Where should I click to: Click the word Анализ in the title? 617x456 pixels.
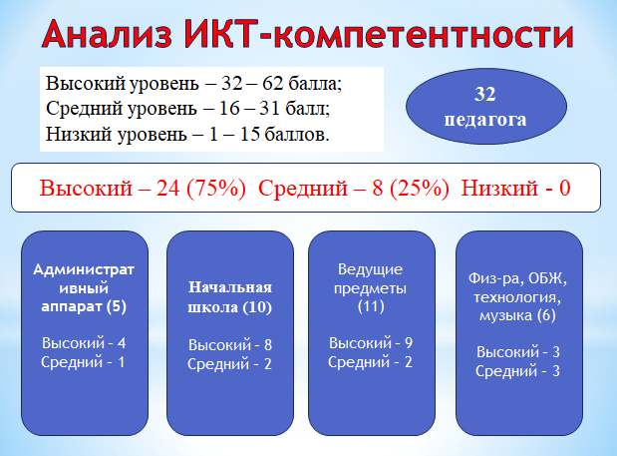point(107,34)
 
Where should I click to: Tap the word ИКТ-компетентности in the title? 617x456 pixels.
point(378,34)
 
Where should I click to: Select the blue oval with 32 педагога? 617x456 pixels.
point(486,107)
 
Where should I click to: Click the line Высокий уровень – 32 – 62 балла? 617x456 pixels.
point(194,84)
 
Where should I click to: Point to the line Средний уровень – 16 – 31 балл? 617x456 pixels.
point(187,109)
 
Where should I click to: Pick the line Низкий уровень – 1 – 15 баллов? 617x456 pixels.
point(187,134)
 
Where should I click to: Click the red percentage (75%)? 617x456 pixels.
point(216,188)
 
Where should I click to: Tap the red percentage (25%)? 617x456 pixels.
point(420,188)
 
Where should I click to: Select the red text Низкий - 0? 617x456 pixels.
point(516,188)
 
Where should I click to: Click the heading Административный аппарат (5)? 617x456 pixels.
point(84,288)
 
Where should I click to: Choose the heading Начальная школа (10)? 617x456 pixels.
point(230,297)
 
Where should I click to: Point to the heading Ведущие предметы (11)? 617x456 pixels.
point(370,287)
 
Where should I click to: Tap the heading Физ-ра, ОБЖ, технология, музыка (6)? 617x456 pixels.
point(518,297)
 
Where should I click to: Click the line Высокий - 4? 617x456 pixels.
point(84,343)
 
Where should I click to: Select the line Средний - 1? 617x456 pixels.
point(83,362)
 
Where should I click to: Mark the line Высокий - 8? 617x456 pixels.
point(230,345)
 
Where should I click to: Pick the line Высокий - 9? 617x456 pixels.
point(371,343)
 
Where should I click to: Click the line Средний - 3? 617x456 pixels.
point(517,371)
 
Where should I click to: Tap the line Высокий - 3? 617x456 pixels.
point(518,352)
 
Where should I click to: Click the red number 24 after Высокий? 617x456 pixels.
point(168,188)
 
